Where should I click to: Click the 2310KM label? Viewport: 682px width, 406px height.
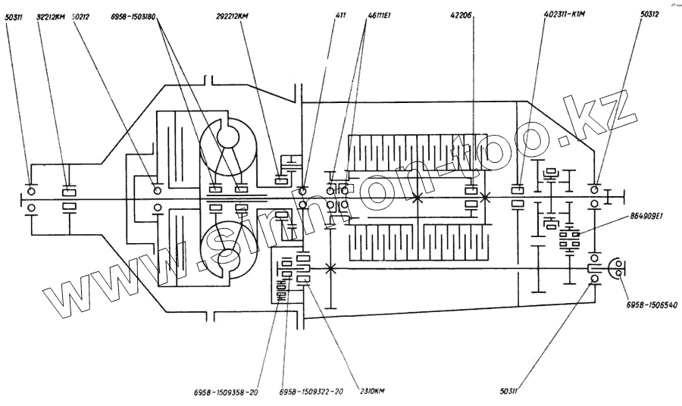tap(371, 392)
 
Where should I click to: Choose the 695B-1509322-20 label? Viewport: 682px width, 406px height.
tap(311, 392)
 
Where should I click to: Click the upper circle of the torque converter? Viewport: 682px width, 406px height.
tap(227, 136)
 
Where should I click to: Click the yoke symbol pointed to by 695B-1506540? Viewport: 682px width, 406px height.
tap(614, 268)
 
